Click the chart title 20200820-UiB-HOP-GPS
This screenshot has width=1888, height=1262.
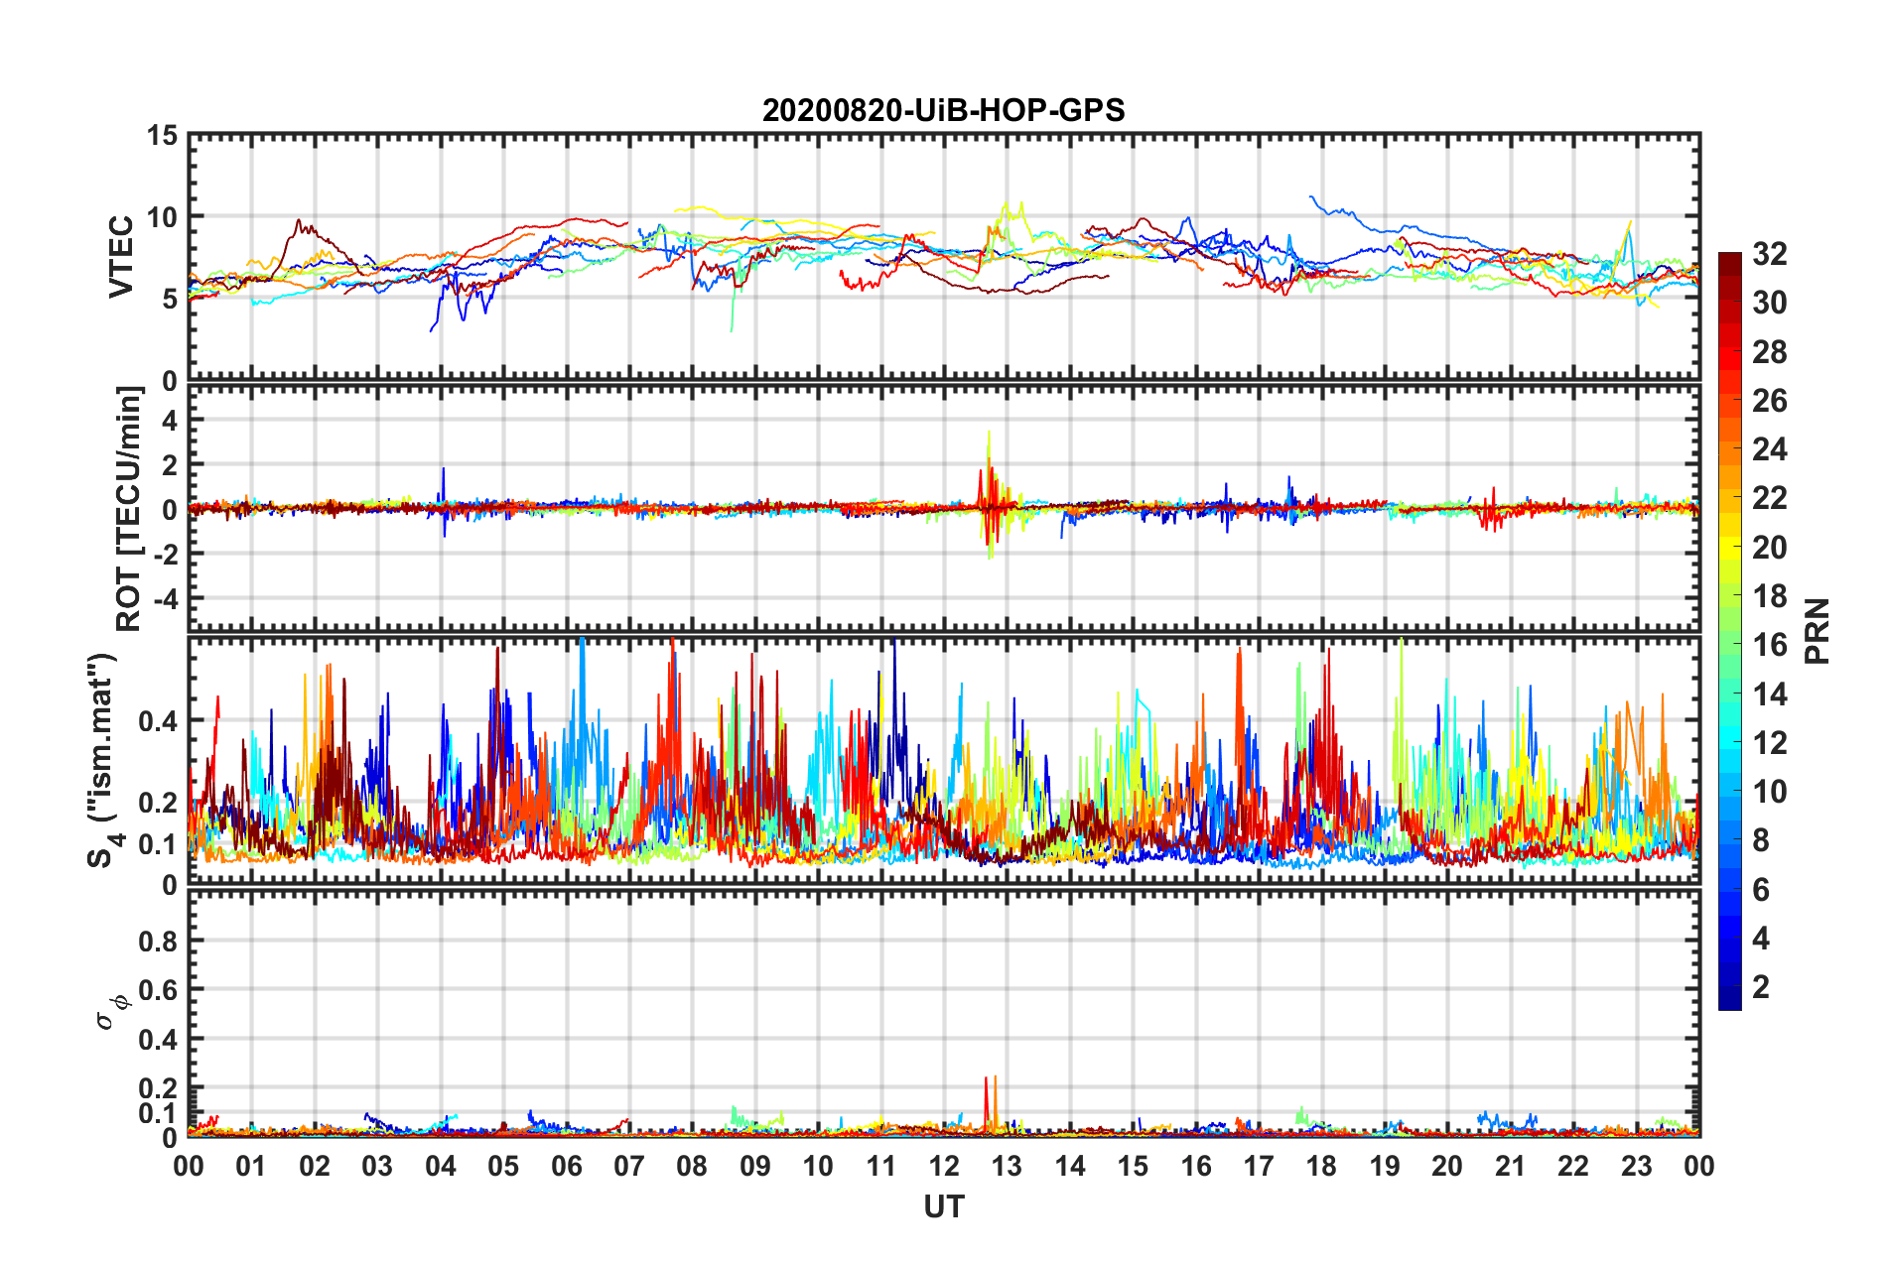[x=943, y=110]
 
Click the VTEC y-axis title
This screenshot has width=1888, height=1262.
[x=120, y=256]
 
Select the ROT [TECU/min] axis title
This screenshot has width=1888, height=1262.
[x=129, y=509]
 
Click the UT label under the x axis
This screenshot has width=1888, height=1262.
[x=943, y=1207]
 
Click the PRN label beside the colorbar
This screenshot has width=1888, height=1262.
[x=1817, y=631]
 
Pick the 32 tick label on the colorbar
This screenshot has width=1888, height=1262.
[x=1769, y=254]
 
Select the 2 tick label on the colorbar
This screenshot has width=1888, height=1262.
[x=1761, y=987]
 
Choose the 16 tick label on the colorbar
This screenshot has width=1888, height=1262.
[x=1769, y=645]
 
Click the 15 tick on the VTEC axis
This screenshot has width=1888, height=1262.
[x=162, y=135]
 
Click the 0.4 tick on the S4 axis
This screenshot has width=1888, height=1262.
[x=158, y=721]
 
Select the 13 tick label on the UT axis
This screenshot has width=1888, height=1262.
[x=1007, y=1167]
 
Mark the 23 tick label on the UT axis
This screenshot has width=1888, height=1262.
[x=1636, y=1167]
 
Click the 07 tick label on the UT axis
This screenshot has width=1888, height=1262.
[x=629, y=1167]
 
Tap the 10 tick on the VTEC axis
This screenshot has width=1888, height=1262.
[x=162, y=217]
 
